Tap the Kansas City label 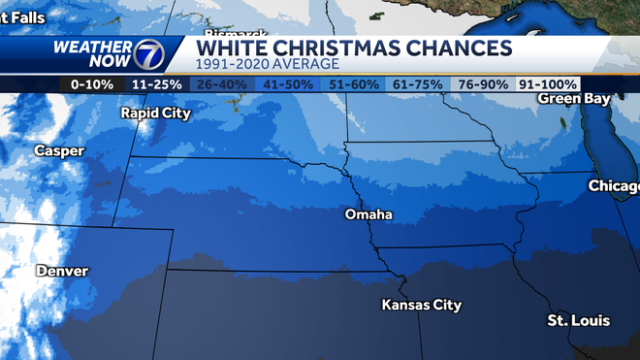[x=421, y=306]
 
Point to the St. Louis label [x=572, y=320]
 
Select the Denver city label [x=62, y=271]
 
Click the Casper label [x=58, y=150]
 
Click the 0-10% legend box [x=93, y=84]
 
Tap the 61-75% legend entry [x=420, y=84]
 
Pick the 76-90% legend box [x=485, y=84]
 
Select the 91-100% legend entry [x=548, y=84]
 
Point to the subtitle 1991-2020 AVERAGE [x=268, y=64]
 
